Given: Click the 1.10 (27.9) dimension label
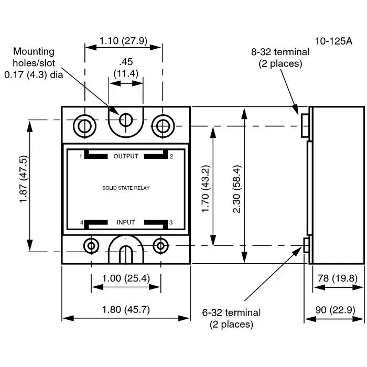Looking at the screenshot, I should coord(124,40).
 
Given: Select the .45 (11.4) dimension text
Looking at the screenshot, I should coord(126,68).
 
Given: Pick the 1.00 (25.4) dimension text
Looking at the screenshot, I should coord(126,278).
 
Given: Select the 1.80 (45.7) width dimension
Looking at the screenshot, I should coord(126,309).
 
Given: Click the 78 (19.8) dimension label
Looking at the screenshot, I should coord(338,278).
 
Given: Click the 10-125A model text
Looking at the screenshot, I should coord(333,40).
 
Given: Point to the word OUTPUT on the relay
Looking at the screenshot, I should coord(126,156).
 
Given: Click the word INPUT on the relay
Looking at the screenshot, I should coord(126,222).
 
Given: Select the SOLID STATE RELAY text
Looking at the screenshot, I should coord(126,188).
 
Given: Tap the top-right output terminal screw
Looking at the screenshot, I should coord(162,126).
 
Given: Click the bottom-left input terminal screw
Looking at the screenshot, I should coord(92,245).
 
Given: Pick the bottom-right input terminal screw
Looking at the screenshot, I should coord(160,245).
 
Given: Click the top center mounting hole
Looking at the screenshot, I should coord(125,120).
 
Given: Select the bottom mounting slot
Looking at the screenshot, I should coord(125,254).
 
